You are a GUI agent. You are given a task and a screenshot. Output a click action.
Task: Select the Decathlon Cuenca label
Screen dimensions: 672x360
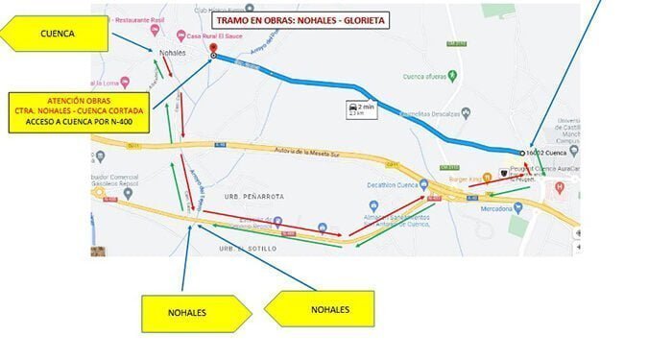(x=403, y=184)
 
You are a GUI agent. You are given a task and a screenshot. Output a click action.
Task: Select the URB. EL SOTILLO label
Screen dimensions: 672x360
(x=242, y=249)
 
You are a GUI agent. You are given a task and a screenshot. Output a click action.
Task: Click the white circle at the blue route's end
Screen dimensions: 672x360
(x=522, y=153)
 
